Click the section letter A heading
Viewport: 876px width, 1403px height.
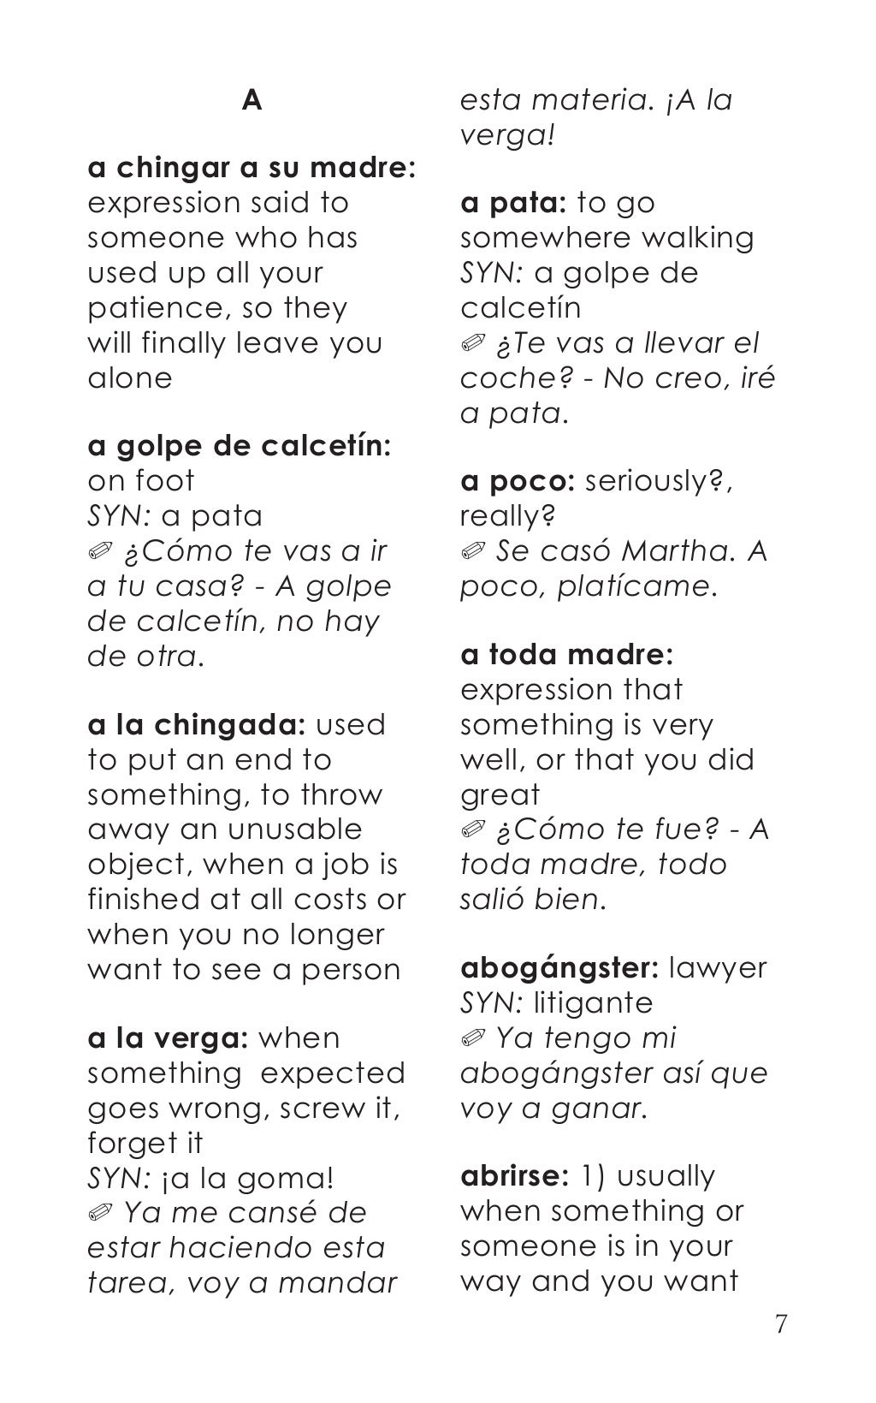pos(252,101)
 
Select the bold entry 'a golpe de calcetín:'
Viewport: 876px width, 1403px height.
pos(240,445)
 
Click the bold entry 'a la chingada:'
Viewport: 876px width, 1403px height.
pos(197,724)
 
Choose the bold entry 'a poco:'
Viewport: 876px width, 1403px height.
pos(517,481)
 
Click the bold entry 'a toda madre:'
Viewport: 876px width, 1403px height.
pos(567,655)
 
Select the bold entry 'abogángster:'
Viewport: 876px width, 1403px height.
pos(559,968)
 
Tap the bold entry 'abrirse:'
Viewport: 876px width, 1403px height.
pos(514,1176)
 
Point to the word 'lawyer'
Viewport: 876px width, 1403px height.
pos(718,968)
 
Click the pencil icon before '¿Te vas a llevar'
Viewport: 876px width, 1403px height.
pos(472,344)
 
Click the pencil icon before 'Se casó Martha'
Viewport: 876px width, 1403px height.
pos(472,551)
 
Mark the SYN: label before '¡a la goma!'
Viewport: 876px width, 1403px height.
pos(120,1178)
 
